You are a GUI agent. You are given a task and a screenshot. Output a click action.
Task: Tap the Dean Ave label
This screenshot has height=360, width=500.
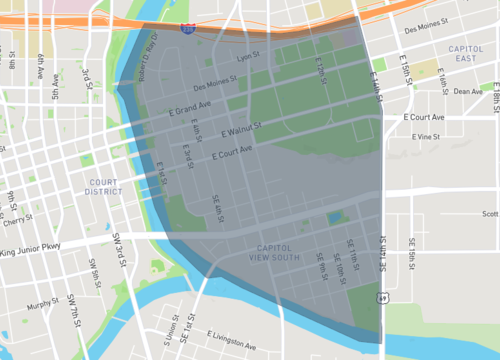(x=467, y=91)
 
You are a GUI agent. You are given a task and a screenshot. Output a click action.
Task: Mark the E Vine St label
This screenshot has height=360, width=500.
(x=423, y=136)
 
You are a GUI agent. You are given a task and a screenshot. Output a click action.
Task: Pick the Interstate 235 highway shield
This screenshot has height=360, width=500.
(x=188, y=31)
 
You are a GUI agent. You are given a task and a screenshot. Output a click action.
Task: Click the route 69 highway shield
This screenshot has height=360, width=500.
(x=383, y=297)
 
